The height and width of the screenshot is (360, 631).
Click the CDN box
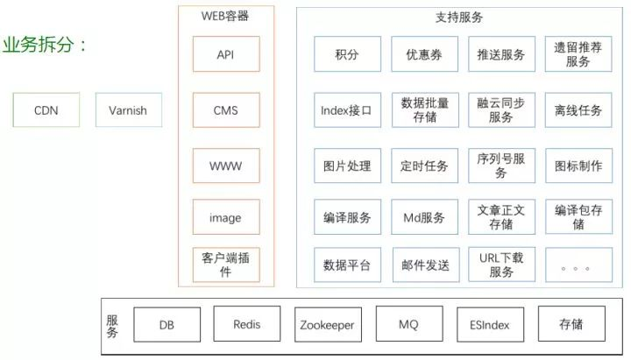click(x=46, y=110)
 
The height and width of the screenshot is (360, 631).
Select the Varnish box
click(x=128, y=110)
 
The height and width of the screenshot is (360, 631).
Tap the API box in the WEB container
click(x=226, y=54)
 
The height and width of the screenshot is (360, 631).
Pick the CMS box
click(x=226, y=110)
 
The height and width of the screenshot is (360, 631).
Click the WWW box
click(x=226, y=165)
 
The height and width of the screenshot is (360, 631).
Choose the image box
click(x=226, y=217)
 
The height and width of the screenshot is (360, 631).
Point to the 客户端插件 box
click(x=226, y=265)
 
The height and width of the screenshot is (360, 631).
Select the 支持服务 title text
click(x=459, y=17)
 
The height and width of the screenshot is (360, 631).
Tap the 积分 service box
click(x=347, y=54)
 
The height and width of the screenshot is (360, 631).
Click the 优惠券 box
click(x=424, y=54)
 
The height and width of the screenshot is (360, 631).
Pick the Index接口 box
click(x=347, y=110)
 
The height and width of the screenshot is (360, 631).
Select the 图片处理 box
click(x=347, y=165)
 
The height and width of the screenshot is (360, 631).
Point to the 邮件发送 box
click(x=424, y=265)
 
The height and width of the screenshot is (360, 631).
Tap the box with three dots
click(x=578, y=265)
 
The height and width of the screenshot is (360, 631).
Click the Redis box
click(x=247, y=324)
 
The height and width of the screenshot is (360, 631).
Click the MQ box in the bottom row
click(x=408, y=324)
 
